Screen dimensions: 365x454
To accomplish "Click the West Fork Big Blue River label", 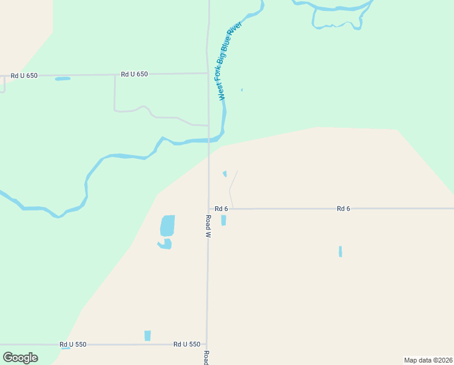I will [x=230, y=61].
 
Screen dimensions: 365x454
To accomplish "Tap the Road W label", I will [x=208, y=226].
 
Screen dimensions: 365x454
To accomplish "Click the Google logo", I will [x=20, y=357].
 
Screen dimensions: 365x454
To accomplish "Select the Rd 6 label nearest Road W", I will [x=221, y=209].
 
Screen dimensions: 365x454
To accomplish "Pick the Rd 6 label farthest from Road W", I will [x=344, y=209].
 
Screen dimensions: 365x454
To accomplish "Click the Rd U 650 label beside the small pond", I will [x=24, y=75].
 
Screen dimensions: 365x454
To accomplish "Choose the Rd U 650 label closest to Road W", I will [x=134, y=74].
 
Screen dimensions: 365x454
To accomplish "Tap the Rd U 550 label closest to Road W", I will [x=186, y=344].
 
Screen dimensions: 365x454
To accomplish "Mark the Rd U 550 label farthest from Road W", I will [x=73, y=344].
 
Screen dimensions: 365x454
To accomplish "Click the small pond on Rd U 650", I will [x=63, y=78].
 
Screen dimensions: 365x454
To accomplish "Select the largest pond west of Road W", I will [x=168, y=225].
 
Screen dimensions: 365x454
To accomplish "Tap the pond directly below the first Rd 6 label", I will [x=223, y=220].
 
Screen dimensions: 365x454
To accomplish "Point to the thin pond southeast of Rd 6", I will [x=340, y=251].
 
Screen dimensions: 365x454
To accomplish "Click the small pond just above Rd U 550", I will [x=147, y=335].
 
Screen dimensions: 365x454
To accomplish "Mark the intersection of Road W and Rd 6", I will [x=208, y=209].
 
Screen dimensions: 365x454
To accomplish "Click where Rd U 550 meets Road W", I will [x=207, y=344].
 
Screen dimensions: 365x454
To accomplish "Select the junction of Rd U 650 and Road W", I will [x=208, y=74].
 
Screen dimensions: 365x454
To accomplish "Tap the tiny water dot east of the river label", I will [x=242, y=90].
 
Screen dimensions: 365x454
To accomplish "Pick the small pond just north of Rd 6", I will [x=225, y=174].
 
